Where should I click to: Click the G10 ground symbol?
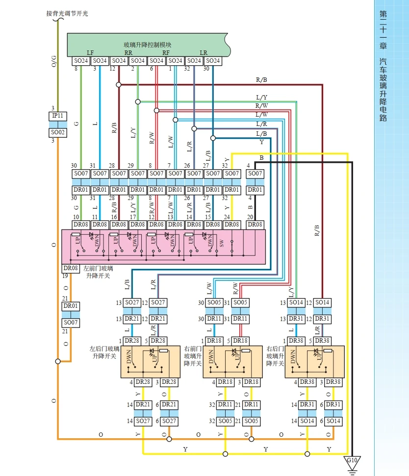coord(352,461)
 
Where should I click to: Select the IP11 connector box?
coord(58,116)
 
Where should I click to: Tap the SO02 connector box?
coord(58,133)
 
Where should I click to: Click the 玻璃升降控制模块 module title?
coord(147,45)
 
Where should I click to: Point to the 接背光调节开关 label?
coord(67,14)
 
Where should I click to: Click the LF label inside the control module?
coord(90,52)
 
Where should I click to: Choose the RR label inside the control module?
coord(128,52)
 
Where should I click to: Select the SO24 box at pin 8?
coord(81,61)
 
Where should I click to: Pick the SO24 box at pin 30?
coord(212,61)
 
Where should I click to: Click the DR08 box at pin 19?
coord(71,269)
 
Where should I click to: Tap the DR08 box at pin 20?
coord(255,225)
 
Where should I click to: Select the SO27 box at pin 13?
coord(131,303)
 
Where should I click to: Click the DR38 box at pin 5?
coord(322,341)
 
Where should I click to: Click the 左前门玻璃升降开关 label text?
coord(98,272)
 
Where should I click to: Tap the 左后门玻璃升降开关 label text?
coord(104,352)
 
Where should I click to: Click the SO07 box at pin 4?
coord(255,174)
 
